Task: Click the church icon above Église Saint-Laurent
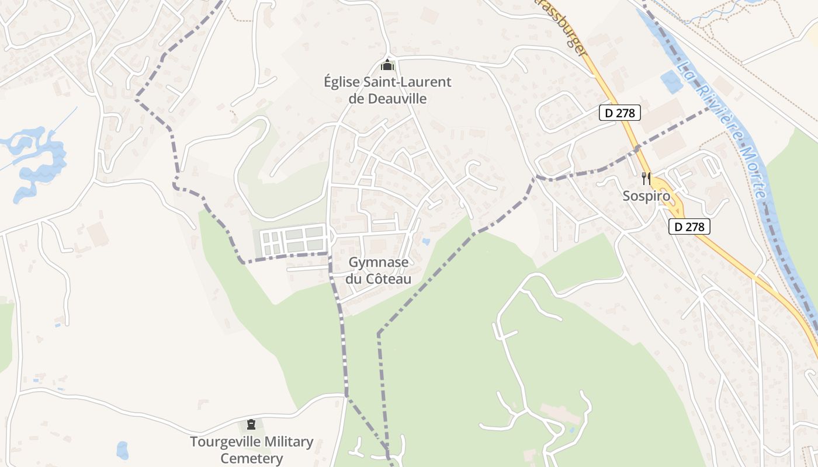386,65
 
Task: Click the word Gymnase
378,263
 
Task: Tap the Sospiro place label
646,196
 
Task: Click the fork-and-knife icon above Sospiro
646,179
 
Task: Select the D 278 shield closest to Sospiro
689,226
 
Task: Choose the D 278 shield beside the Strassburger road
620,113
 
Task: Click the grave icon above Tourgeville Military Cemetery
251,424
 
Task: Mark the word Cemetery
251,458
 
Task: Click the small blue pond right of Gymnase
426,241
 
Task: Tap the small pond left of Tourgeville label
122,450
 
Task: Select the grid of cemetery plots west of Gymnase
293,241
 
